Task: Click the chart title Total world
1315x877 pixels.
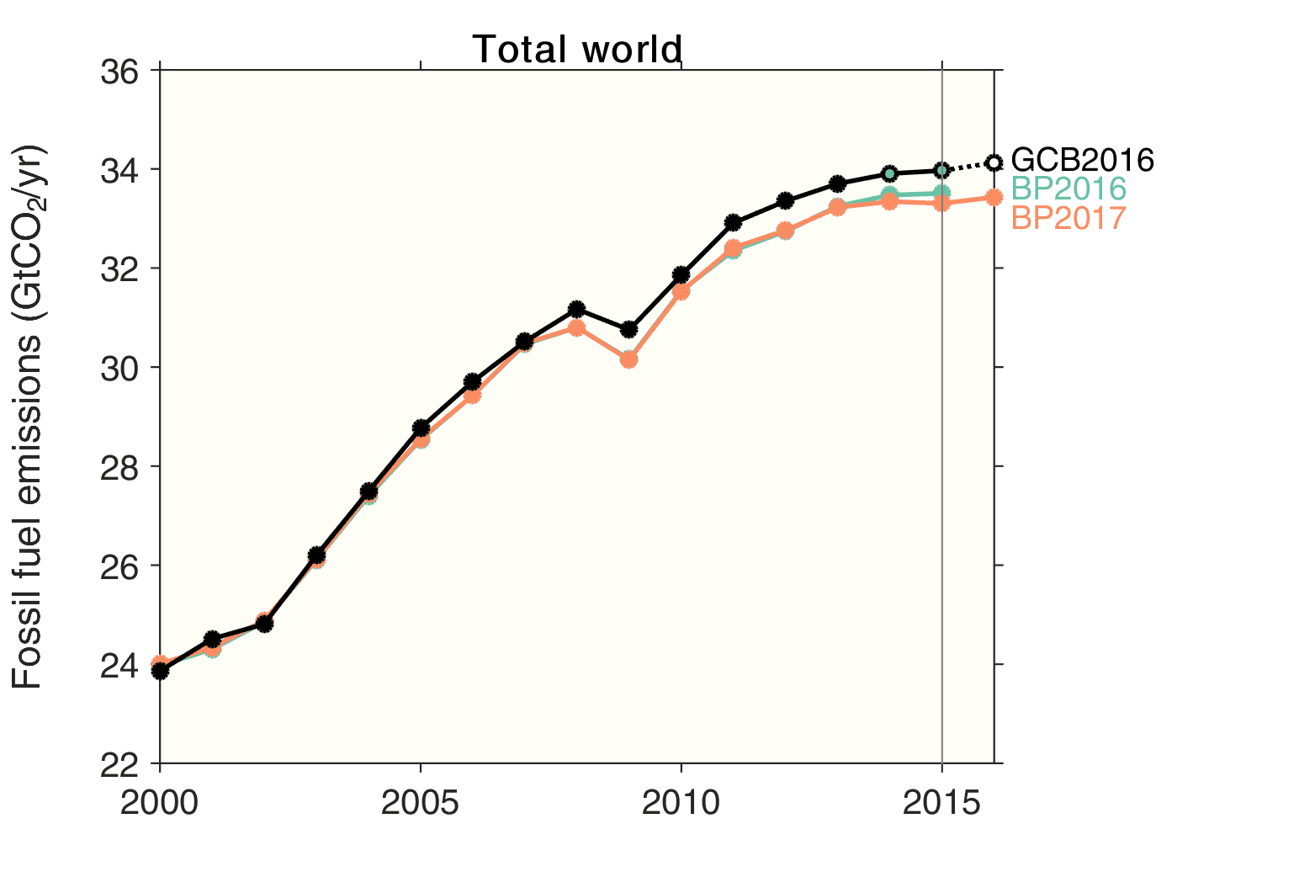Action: [x=576, y=50]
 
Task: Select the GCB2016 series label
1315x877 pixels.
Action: [x=1082, y=160]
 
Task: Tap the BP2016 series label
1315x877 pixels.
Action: [x=1068, y=189]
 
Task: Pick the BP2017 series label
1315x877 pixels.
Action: [x=1068, y=218]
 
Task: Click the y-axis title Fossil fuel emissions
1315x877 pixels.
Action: [x=29, y=417]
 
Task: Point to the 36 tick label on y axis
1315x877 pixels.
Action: [x=119, y=72]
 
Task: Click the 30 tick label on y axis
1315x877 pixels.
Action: [x=119, y=368]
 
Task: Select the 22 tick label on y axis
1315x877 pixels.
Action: [x=119, y=764]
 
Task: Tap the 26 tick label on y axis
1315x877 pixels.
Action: [x=119, y=566]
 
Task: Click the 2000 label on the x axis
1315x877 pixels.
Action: [x=159, y=804]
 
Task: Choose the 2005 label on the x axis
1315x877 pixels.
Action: [x=420, y=804]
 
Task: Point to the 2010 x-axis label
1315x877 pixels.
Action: [x=681, y=804]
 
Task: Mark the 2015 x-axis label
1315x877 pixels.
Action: [x=941, y=804]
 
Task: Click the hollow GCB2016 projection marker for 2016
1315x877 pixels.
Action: [x=994, y=162]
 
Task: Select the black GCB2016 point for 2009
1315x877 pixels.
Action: [x=628, y=329]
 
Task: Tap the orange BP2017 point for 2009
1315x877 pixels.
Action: [x=628, y=359]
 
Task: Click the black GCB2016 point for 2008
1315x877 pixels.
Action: [x=576, y=309]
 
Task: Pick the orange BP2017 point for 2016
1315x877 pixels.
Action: [x=994, y=197]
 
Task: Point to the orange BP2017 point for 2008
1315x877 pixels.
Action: [x=576, y=327]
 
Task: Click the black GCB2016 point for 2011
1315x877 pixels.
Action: [x=733, y=222]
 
